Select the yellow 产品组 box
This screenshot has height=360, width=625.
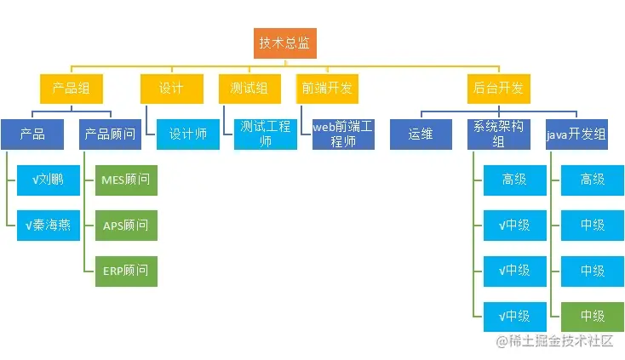pos(72,89)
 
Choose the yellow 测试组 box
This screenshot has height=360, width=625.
pos(249,89)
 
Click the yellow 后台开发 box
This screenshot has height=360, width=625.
pos(498,89)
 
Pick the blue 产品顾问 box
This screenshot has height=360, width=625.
pos(110,134)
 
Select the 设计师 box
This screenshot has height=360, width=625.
pos(187,134)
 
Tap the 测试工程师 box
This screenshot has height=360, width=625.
pos(266,134)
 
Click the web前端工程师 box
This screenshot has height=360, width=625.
pos(343,134)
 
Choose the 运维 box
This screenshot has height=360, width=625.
pos(421,134)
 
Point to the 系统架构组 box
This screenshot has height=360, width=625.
pos(499,134)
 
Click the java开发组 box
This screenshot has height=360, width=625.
pos(576,134)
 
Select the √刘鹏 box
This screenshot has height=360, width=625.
pos(49,180)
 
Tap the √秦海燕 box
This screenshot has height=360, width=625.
pos(49,226)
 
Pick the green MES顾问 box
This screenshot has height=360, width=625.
pos(126,180)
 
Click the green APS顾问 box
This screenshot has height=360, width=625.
pos(126,226)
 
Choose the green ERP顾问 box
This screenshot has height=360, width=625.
pos(126,271)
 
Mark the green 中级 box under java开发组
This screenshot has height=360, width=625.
pos(593,316)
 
